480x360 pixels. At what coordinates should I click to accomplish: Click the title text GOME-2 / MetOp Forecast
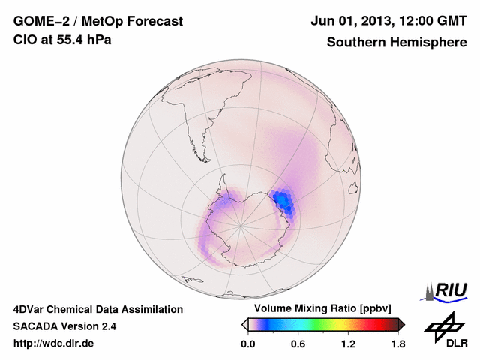point(98,22)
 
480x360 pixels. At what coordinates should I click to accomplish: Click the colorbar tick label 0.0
point(248,344)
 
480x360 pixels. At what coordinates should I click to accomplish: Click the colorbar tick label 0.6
point(298,344)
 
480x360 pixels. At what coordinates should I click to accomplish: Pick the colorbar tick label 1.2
point(348,344)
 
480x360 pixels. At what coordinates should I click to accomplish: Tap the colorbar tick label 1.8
point(398,344)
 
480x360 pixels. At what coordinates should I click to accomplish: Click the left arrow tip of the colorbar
point(244,324)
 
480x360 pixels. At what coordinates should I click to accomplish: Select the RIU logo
point(448,290)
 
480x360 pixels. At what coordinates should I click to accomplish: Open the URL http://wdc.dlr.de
point(54,344)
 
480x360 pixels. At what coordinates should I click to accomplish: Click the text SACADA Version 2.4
point(65,326)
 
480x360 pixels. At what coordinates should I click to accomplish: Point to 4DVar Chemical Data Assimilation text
point(98,309)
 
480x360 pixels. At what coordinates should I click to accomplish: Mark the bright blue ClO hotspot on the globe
point(283,200)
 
